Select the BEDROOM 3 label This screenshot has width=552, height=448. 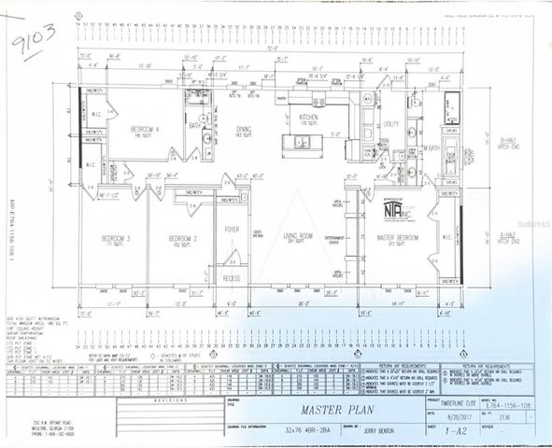pos(115,240)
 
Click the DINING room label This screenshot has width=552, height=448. pos(243,131)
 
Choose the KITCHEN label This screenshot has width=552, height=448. pos(309,118)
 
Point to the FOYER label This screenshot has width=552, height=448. pos(232,230)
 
